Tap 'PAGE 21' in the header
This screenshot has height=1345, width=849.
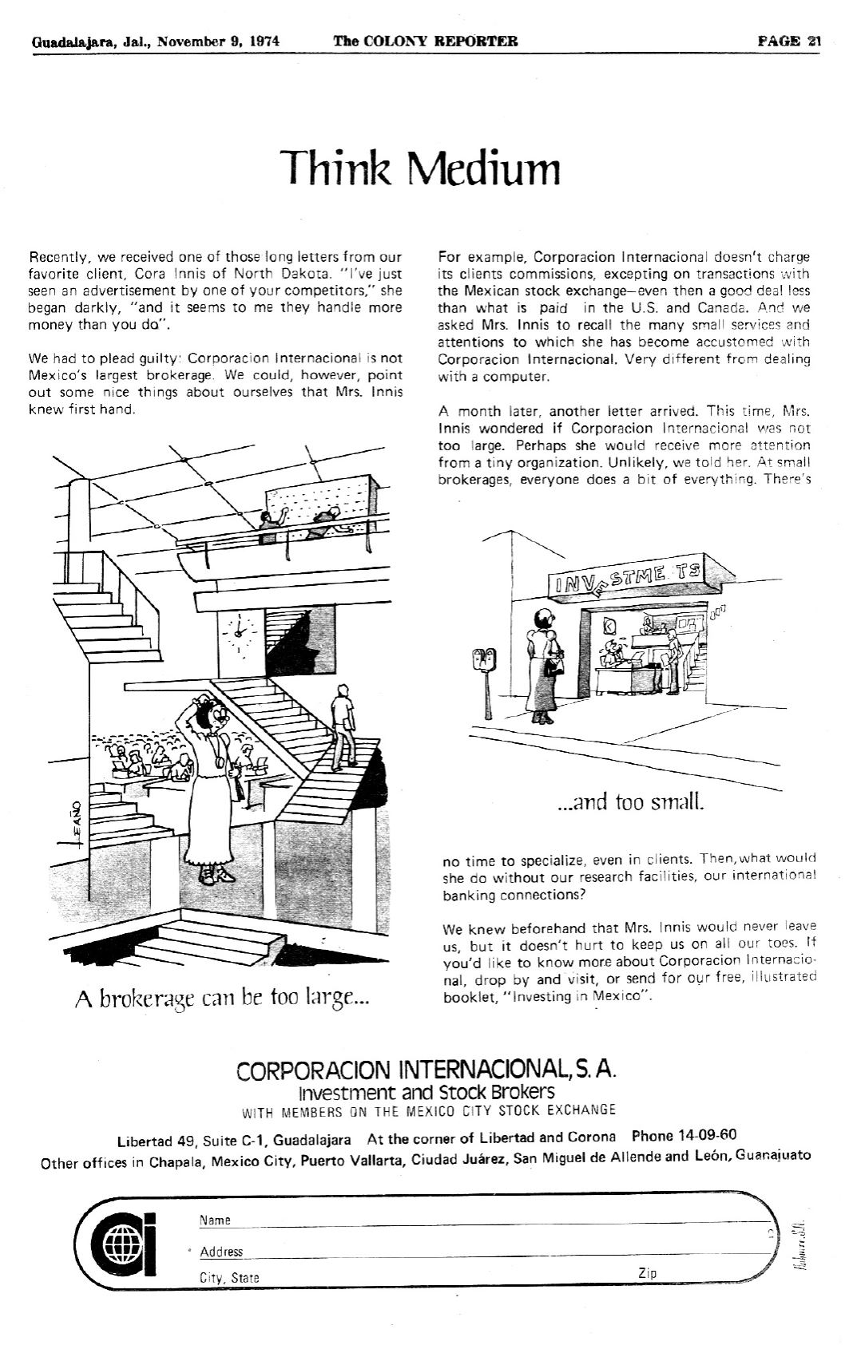[x=789, y=42]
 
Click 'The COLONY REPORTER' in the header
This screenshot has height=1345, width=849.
[x=425, y=42]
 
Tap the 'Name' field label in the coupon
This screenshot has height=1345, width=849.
[x=215, y=1220]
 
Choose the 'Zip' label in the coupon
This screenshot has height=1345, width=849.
[x=648, y=1273]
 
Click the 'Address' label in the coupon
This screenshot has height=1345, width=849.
[x=221, y=1252]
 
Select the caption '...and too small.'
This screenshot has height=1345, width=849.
[x=630, y=801]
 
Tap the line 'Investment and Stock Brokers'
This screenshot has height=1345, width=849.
[x=426, y=1091]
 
